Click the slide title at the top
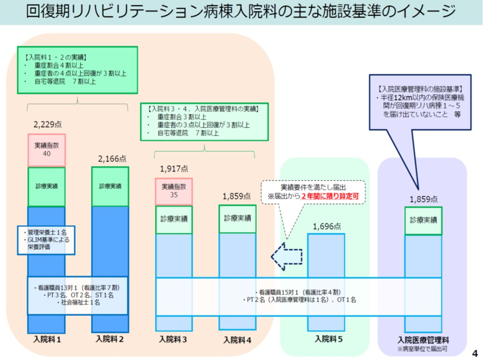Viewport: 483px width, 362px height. point(241,11)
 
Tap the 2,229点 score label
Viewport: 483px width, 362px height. point(47,125)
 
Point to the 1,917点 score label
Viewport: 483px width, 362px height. point(174,168)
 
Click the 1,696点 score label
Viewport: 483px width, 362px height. point(327,225)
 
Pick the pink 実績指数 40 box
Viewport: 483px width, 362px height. point(46,150)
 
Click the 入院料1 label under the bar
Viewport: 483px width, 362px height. point(47,339)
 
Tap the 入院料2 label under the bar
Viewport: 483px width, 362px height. point(110,339)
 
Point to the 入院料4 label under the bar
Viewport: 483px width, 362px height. point(237,339)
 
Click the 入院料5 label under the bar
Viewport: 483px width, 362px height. point(327,339)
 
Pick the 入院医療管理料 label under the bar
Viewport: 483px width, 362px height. point(423,339)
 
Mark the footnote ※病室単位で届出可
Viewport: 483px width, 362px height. point(423,348)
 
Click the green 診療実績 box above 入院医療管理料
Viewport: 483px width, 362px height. point(423,220)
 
